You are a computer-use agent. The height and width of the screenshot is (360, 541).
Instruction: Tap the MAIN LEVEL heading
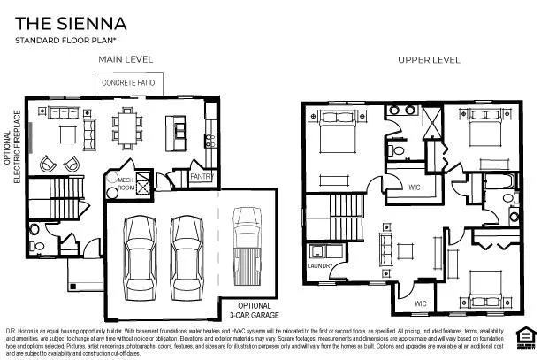pos(126,59)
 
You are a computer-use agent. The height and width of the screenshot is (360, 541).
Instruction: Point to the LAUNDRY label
pos(318,265)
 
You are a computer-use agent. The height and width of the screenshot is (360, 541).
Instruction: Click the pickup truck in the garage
pos(244,243)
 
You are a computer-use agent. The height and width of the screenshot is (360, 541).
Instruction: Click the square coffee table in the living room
pos(65,133)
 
